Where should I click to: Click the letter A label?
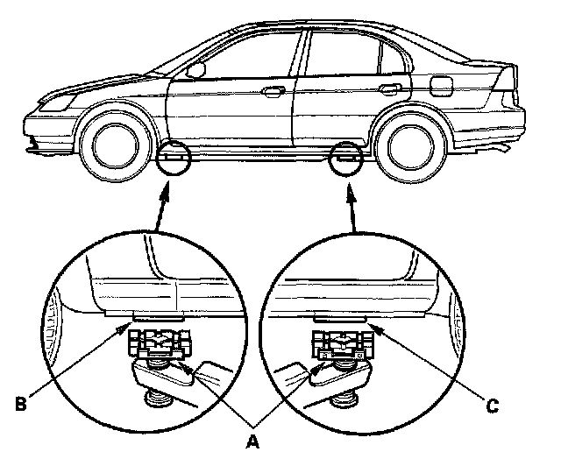pos(253,441)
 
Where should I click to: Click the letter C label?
pos(494,406)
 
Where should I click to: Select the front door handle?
pos(273,90)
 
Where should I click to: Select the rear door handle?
pos(391,88)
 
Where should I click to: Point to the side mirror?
pos(196,68)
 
